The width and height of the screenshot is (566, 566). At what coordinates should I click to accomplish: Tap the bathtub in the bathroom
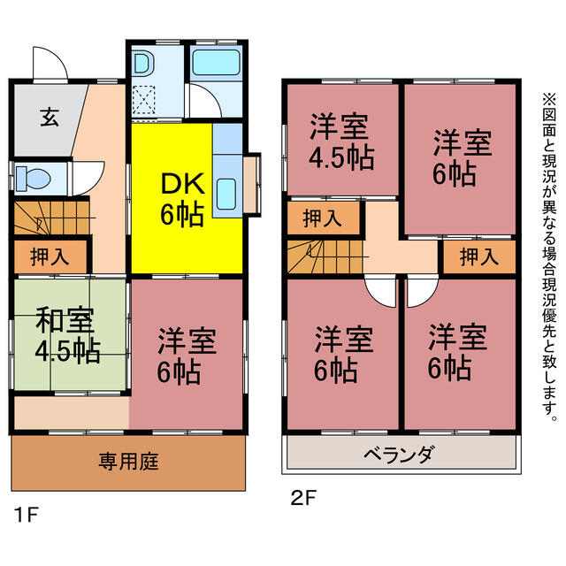pos(216,62)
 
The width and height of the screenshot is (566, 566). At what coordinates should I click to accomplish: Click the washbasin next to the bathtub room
pos(143,64)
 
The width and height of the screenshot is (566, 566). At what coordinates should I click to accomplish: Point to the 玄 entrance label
pos(50,117)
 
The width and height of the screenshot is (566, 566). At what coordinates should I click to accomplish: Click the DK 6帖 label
pos(183,199)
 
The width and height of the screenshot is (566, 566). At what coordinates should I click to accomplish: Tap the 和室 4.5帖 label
pos(67,334)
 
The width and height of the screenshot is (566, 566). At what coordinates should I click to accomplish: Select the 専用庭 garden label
pos(129,462)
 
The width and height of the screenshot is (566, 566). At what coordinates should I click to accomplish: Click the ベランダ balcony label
pos(398,454)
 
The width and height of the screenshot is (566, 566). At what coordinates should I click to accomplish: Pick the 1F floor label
pos(26,515)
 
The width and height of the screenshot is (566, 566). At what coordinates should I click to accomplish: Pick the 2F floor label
pos(303,499)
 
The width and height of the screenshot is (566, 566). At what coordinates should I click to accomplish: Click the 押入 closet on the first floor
pos(50,256)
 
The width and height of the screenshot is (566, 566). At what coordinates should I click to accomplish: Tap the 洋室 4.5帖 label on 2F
pos(341,141)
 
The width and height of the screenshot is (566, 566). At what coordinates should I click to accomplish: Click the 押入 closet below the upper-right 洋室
pos(479,256)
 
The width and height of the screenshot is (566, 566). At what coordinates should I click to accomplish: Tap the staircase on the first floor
pos(51,218)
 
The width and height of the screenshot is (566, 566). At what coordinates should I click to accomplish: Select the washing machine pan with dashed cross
pos(143,97)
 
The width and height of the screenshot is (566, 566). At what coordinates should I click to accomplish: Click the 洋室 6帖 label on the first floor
pos(187,355)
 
